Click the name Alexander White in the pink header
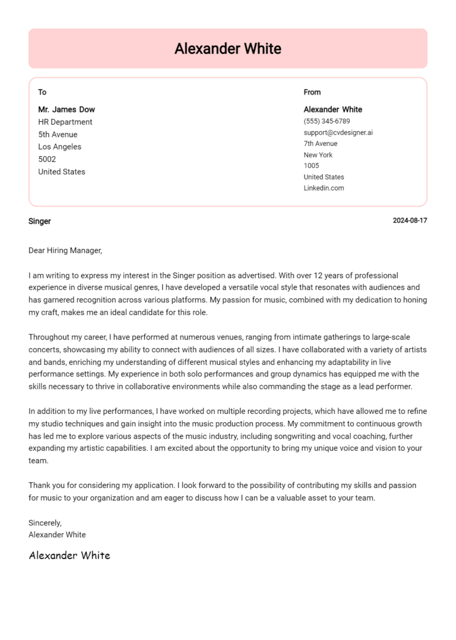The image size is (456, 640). click(x=227, y=49)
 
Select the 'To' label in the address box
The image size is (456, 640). click(x=42, y=92)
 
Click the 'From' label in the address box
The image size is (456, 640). click(x=312, y=92)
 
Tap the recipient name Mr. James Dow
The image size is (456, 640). click(x=66, y=109)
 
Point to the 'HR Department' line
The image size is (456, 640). click(x=65, y=122)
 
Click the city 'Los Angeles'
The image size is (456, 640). click(x=60, y=147)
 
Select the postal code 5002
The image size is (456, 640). click(x=47, y=159)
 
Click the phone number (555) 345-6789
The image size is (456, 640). click(x=327, y=121)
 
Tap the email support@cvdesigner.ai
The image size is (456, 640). click(x=338, y=132)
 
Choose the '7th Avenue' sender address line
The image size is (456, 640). click(x=320, y=144)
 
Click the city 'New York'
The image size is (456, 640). click(x=318, y=155)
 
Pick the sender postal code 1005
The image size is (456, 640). click(x=311, y=166)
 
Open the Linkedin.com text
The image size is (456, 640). click(x=324, y=188)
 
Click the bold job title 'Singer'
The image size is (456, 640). click(x=40, y=221)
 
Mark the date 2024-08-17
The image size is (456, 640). click(x=410, y=221)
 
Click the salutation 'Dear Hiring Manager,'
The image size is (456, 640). click(x=65, y=251)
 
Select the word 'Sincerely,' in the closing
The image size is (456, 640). click(x=45, y=523)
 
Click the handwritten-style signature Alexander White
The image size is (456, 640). click(x=69, y=556)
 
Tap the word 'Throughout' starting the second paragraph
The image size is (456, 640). click(x=49, y=337)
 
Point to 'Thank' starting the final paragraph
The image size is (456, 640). click(x=39, y=485)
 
